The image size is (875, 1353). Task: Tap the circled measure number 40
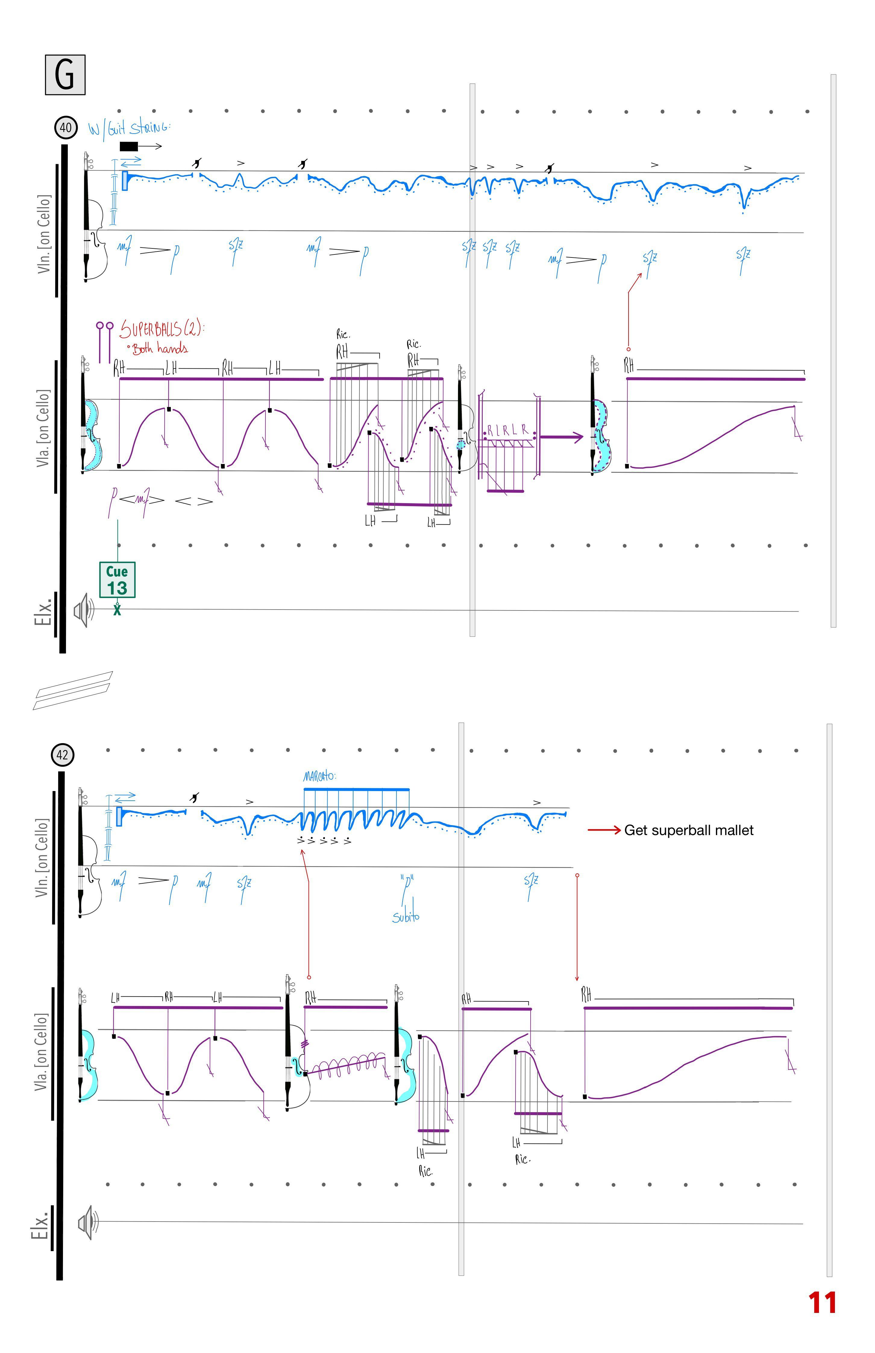[66, 127]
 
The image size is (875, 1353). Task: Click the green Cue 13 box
[117, 580]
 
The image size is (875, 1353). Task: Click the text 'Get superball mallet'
[688, 831]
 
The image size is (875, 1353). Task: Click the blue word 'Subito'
[406, 917]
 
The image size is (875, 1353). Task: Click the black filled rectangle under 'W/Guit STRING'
[128, 146]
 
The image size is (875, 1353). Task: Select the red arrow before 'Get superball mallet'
[604, 831]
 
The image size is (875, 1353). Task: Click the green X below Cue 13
[117, 610]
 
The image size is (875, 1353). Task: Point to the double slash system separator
[73, 690]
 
